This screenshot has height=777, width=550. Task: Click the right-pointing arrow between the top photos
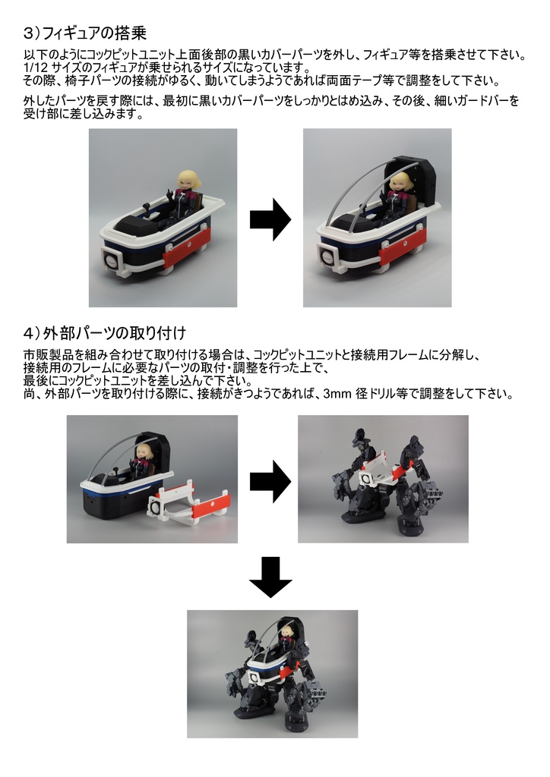coord(270,219)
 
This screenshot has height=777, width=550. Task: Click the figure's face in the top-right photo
coord(400,184)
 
